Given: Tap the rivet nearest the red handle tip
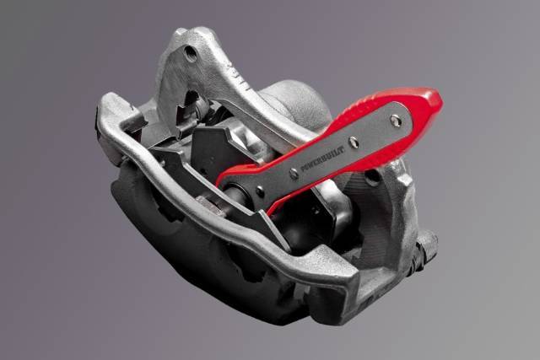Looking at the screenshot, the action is point(397,121).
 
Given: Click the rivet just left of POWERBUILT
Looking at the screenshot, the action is point(294,174).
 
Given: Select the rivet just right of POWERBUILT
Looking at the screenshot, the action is point(354,142).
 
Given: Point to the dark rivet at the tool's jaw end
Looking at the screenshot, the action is point(261,191).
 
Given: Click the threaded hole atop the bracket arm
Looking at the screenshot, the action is point(191,52).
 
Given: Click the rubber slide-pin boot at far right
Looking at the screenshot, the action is point(427,246).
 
